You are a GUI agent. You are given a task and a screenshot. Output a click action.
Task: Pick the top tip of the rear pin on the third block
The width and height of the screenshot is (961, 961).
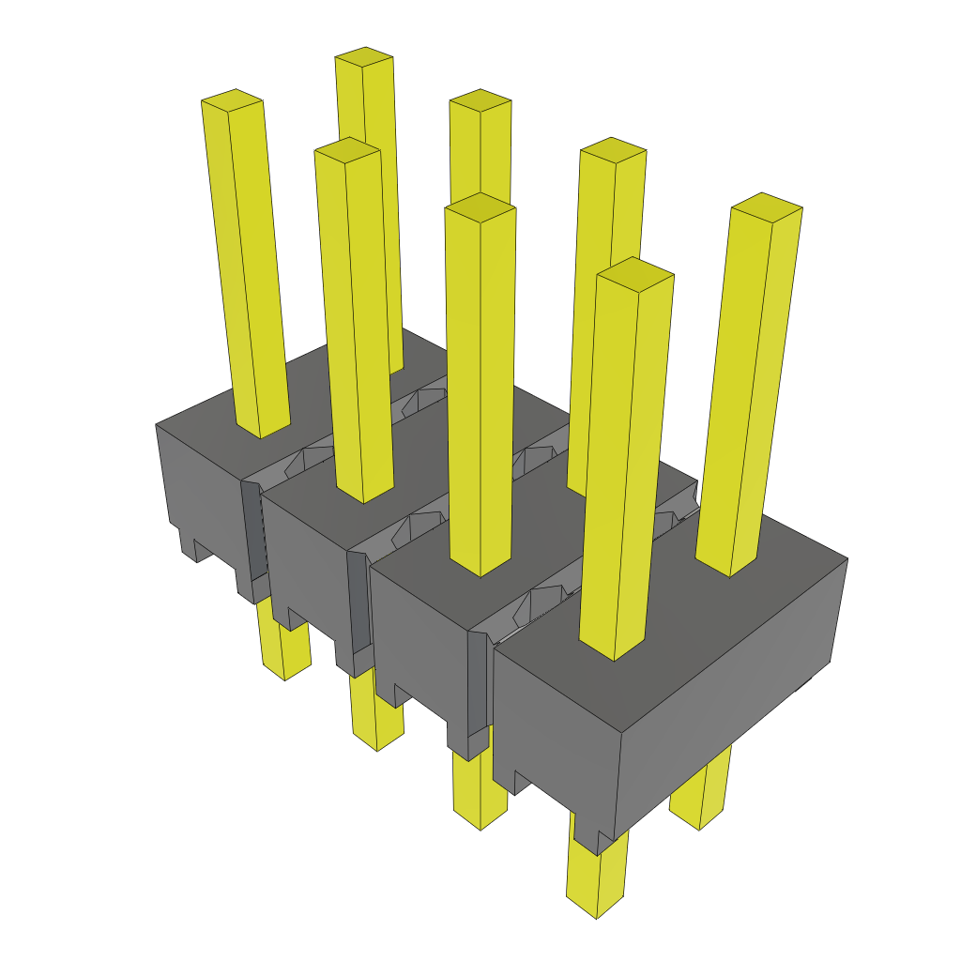(x=612, y=150)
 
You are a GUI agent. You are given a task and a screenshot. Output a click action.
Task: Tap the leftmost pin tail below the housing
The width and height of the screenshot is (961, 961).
(x=284, y=648)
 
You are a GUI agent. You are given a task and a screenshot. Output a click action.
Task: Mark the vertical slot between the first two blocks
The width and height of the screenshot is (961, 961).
(x=252, y=535)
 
